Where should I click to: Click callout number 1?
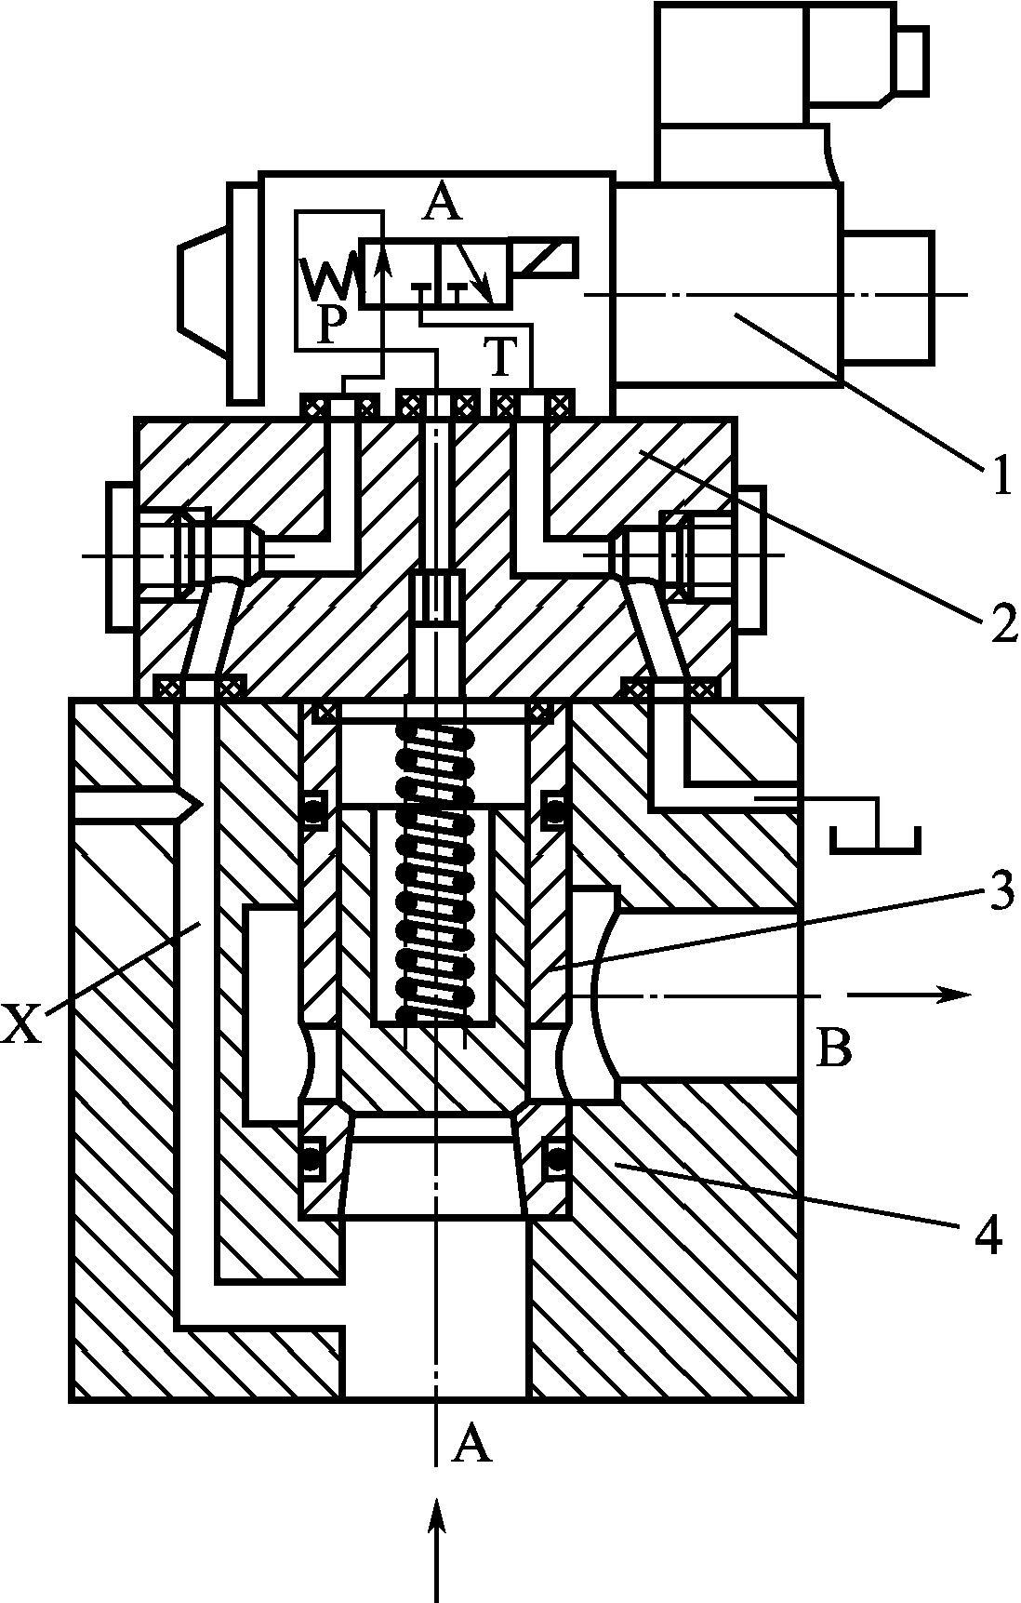click(x=999, y=477)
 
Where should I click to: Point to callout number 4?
click(x=988, y=1236)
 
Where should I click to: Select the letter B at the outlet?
click(x=833, y=1048)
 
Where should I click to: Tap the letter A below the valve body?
click(x=471, y=1445)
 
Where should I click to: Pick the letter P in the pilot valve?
click(x=329, y=325)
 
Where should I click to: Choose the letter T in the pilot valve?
click(x=501, y=354)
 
